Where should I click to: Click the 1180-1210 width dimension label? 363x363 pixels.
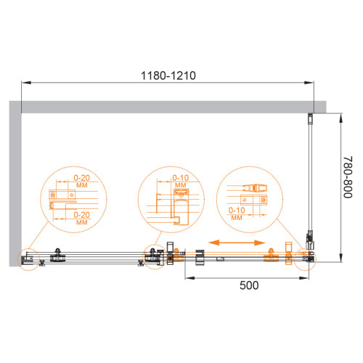click(x=168, y=76)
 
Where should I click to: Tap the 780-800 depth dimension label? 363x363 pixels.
click(x=348, y=177)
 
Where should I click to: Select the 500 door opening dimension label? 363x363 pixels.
click(x=249, y=285)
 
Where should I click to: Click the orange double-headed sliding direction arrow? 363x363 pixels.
click(x=237, y=242)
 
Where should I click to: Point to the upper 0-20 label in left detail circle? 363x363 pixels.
click(x=82, y=178)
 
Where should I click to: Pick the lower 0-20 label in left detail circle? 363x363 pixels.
click(x=82, y=215)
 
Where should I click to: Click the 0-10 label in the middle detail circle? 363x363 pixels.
click(x=181, y=178)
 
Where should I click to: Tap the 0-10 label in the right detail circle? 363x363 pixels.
click(x=237, y=211)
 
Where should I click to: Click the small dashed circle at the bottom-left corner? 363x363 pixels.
click(x=28, y=259)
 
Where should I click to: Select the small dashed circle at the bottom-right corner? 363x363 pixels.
click(x=306, y=259)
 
